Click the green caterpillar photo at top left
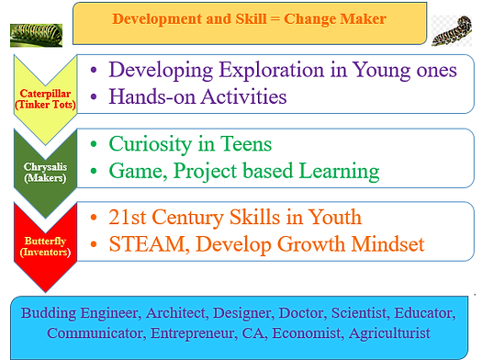pyautogui.click(x=33, y=34)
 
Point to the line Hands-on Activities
pyautogui.click(x=197, y=96)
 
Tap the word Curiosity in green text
pyautogui.click(x=148, y=144)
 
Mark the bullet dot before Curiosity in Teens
pyautogui.click(x=96, y=145)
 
